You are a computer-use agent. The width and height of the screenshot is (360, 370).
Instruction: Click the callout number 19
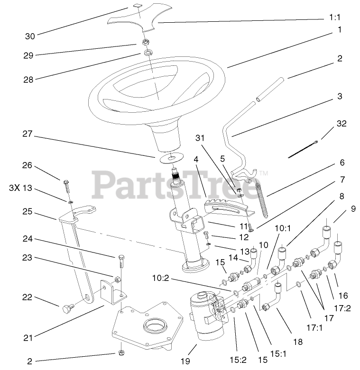[185, 361]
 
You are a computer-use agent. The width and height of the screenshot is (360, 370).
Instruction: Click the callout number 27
[27, 134]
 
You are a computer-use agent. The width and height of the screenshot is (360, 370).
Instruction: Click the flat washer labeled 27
[170, 156]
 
